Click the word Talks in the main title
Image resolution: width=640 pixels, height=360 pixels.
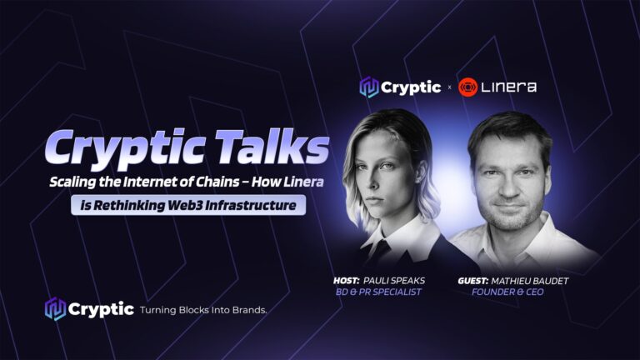point(272,146)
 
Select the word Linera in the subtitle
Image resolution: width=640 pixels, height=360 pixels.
point(303,182)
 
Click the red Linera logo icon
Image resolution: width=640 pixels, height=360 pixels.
point(467,87)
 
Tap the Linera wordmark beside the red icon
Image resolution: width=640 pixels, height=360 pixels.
point(508,87)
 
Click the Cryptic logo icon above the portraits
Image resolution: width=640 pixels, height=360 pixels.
point(368,87)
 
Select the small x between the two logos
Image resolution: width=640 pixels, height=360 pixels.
point(449,87)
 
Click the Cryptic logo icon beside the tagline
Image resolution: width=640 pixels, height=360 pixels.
point(55,309)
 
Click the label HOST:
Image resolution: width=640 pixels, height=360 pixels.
point(346,281)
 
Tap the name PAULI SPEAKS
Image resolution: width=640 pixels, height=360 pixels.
point(394,281)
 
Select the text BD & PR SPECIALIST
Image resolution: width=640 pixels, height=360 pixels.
point(378,292)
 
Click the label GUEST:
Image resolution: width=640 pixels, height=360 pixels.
point(472,281)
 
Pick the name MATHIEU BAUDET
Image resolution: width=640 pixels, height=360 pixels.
point(530,281)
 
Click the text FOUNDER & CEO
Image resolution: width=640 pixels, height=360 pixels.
point(507,292)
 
